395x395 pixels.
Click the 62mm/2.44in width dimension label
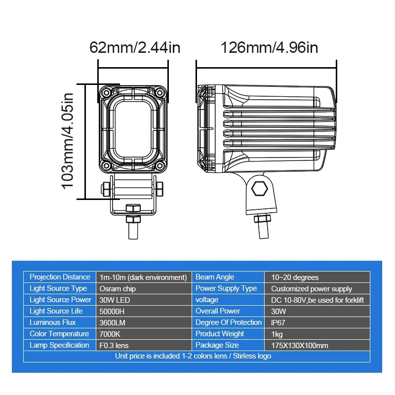(x=134, y=48)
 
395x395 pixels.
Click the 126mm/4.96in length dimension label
(x=269, y=48)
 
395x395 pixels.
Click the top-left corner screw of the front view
(x=106, y=92)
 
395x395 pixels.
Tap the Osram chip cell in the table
(x=118, y=289)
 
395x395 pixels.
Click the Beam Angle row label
(x=215, y=277)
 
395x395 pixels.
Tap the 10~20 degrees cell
(x=295, y=277)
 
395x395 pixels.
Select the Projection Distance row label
(x=60, y=277)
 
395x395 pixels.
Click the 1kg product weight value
(x=276, y=334)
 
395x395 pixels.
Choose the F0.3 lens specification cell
(x=114, y=346)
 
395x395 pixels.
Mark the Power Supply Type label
(x=226, y=289)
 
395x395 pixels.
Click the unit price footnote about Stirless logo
(x=193, y=356)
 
